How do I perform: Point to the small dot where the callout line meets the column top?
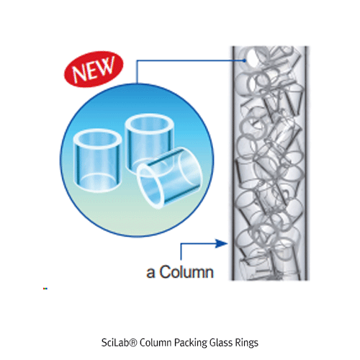click(x=246, y=60)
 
